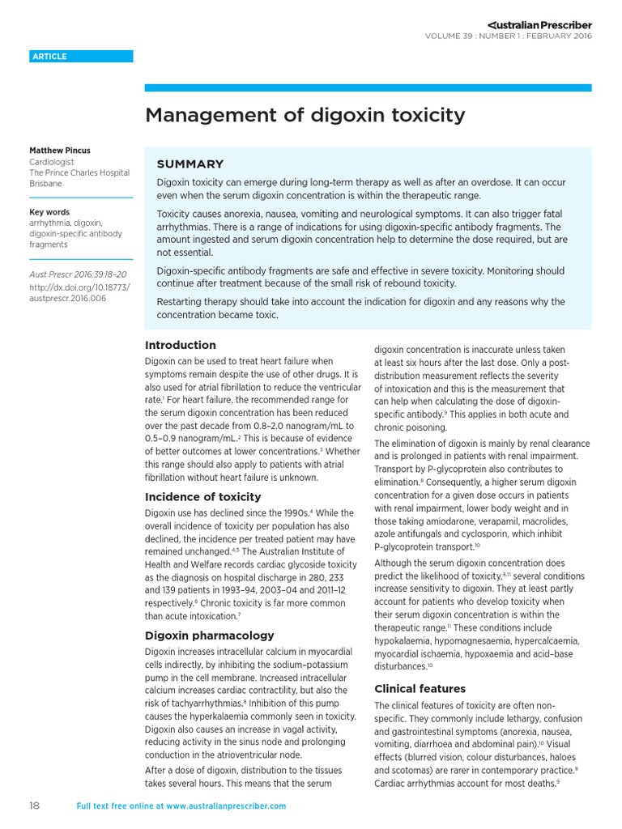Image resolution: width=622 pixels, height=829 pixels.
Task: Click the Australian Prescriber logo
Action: pyautogui.click(x=539, y=25)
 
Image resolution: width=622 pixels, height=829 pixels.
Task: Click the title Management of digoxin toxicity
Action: pyautogui.click(x=305, y=115)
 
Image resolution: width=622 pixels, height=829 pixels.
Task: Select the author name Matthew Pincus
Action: pyautogui.click(x=60, y=151)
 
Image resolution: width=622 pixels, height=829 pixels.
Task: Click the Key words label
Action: pyautogui.click(x=49, y=212)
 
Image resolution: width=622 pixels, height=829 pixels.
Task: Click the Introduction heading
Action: pyautogui.click(x=180, y=345)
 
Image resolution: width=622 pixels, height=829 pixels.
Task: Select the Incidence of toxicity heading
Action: pyautogui.click(x=202, y=497)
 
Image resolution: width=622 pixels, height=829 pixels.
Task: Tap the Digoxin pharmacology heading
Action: pyautogui.click(x=209, y=636)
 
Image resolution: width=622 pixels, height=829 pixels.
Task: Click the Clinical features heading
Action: pyautogui.click(x=420, y=689)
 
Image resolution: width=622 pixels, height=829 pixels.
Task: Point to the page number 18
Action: pyautogui.click(x=35, y=806)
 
